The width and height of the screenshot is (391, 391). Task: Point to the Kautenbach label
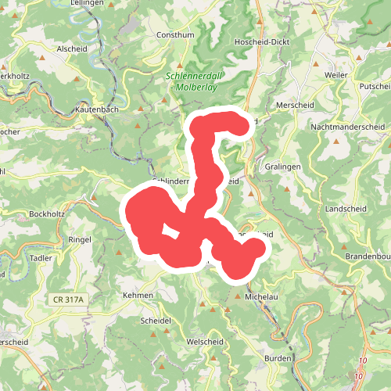(x=98, y=110)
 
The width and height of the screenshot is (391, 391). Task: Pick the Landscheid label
(x=346, y=210)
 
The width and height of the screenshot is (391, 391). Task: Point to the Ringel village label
(x=81, y=239)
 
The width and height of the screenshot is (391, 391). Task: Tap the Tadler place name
(x=40, y=257)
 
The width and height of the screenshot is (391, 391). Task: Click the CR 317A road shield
(x=69, y=300)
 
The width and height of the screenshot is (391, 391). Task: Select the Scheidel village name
(x=155, y=321)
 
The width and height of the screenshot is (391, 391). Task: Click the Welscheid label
(x=206, y=343)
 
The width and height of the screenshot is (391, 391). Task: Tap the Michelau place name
(x=261, y=297)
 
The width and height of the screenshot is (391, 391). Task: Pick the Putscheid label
(x=375, y=86)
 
